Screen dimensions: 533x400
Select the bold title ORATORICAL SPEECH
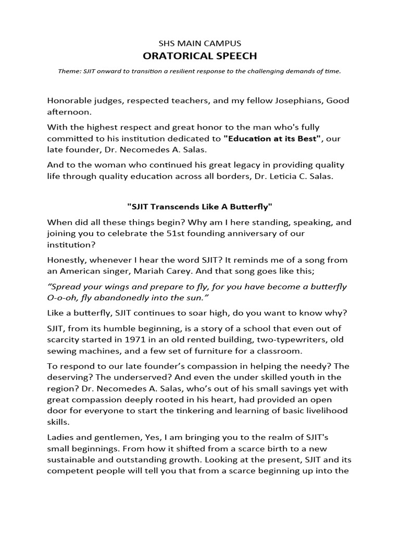click(200, 56)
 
